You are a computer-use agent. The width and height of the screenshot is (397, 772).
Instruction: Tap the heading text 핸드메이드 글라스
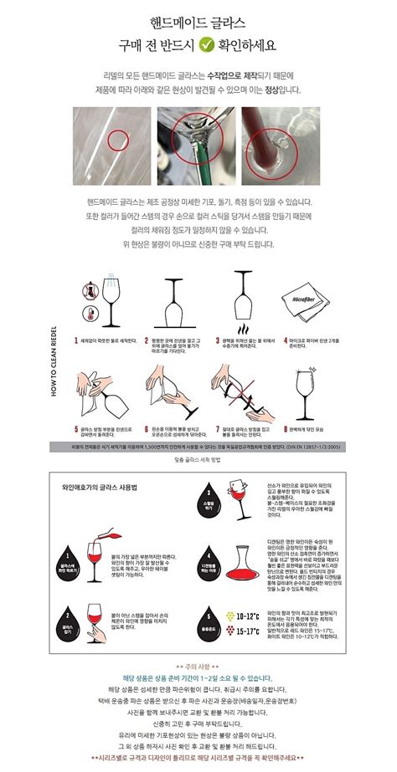198,19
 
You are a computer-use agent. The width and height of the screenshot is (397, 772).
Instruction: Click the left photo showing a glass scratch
108,144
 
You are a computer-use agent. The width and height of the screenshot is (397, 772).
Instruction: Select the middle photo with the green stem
198,144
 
